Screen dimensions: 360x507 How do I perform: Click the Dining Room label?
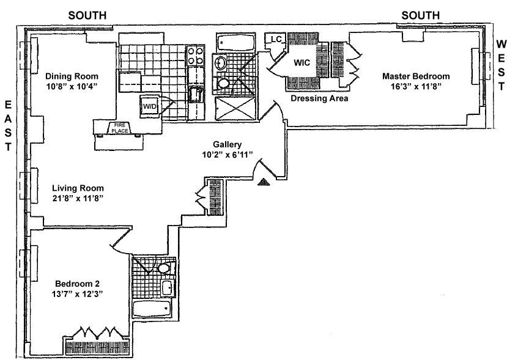click(x=72, y=76)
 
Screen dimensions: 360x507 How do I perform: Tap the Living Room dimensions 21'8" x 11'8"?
click(x=78, y=199)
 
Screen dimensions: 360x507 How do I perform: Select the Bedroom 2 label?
click(x=77, y=284)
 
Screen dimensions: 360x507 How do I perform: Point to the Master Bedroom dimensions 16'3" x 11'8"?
click(x=416, y=87)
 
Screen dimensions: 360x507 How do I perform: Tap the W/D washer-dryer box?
click(x=150, y=106)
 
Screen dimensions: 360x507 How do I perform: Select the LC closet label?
click(x=276, y=40)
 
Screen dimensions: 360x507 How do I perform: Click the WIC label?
click(x=303, y=62)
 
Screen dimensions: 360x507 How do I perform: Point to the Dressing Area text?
click(x=319, y=98)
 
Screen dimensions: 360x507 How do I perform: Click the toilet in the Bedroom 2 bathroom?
click(x=163, y=268)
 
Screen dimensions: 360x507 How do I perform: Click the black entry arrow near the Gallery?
click(x=264, y=181)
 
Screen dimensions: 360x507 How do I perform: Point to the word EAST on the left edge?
click(x=9, y=125)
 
